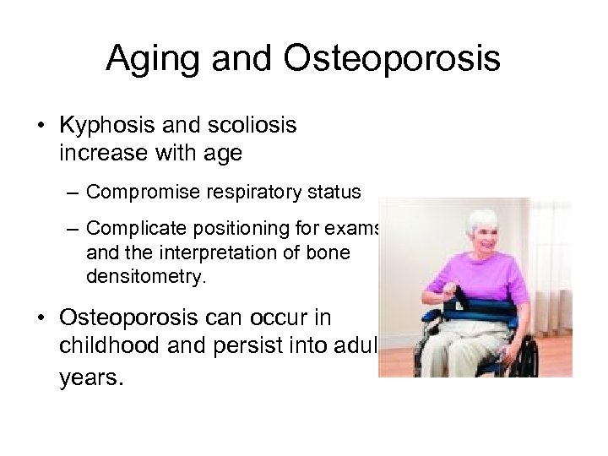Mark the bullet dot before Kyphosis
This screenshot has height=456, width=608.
tap(41, 127)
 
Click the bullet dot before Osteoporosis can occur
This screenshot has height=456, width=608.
tap(41, 319)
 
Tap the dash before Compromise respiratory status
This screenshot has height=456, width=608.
tap(74, 193)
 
